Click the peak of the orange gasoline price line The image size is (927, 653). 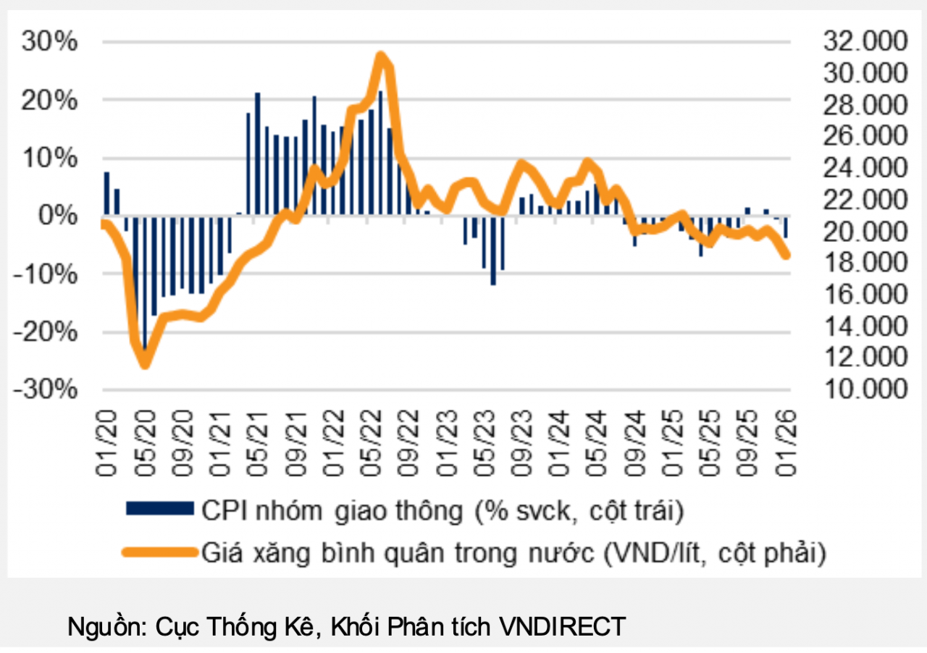(x=380, y=56)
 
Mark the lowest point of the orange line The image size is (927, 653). (x=146, y=364)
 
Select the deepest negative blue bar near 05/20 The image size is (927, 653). (x=145, y=290)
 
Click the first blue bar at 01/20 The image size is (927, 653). (x=106, y=193)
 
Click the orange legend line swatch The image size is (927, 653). (x=159, y=552)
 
